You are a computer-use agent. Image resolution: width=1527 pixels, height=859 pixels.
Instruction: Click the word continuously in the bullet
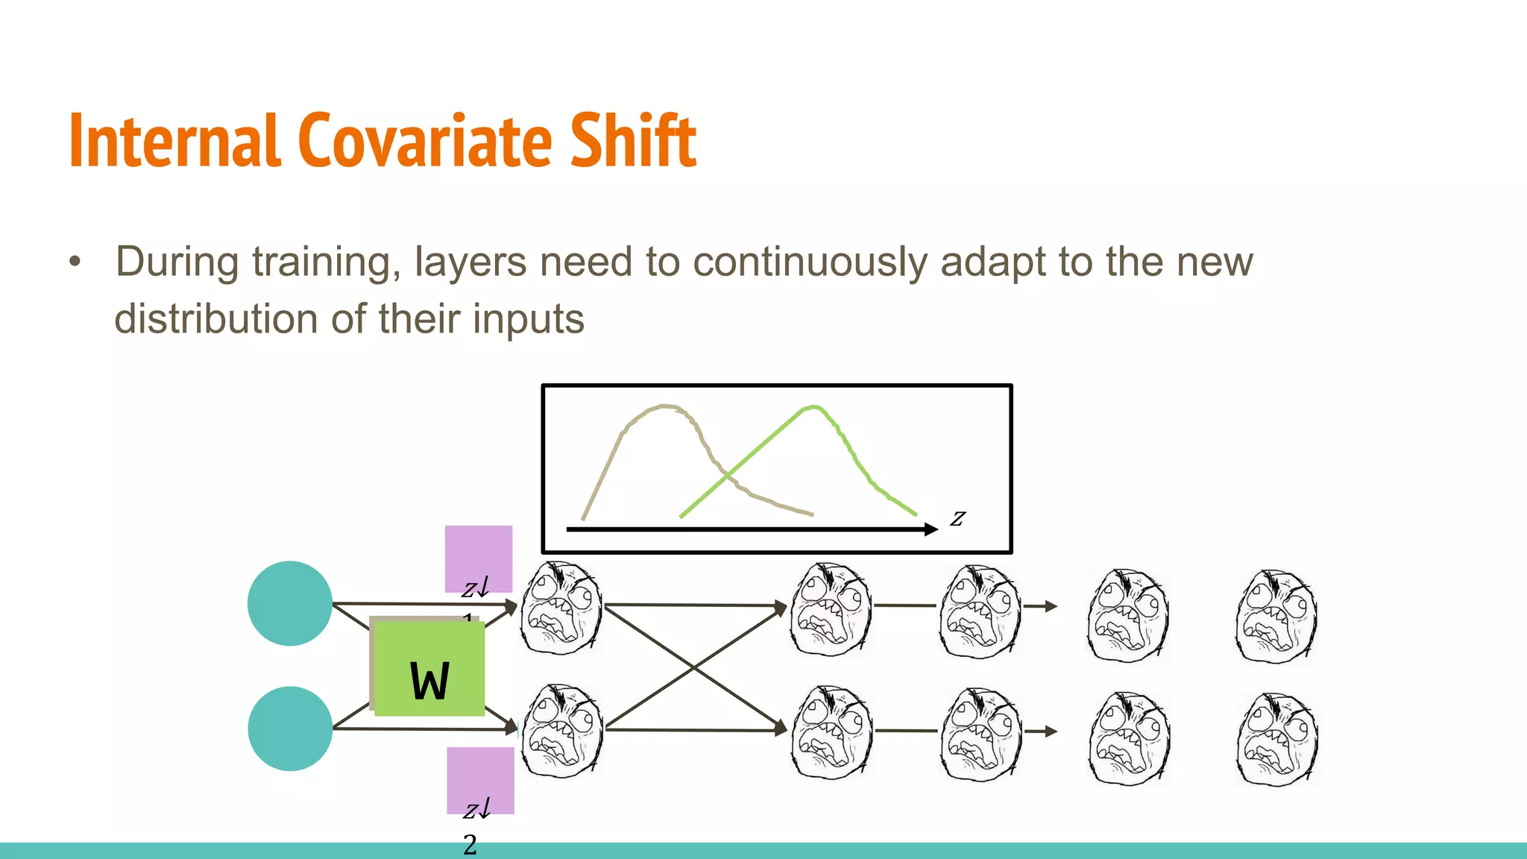click(x=811, y=262)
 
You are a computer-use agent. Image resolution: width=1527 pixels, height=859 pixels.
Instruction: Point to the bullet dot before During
click(x=75, y=262)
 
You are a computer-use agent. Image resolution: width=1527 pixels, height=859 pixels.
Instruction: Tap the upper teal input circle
click(x=290, y=603)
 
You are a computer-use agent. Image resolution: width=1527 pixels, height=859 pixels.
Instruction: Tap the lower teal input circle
click(x=290, y=729)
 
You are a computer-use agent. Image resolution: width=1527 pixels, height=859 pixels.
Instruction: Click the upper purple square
click(x=479, y=558)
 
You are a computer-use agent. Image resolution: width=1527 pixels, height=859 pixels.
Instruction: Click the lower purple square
click(x=480, y=780)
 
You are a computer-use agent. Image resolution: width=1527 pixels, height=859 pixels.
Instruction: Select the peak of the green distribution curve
click(x=813, y=407)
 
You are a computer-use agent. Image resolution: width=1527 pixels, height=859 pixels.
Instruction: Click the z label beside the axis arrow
click(x=957, y=517)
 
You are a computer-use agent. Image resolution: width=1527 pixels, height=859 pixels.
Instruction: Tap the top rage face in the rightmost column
click(x=1276, y=616)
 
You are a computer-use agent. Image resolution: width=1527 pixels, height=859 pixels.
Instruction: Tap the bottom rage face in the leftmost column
click(x=561, y=731)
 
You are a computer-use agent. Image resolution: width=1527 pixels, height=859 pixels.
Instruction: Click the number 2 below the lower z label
click(x=470, y=845)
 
